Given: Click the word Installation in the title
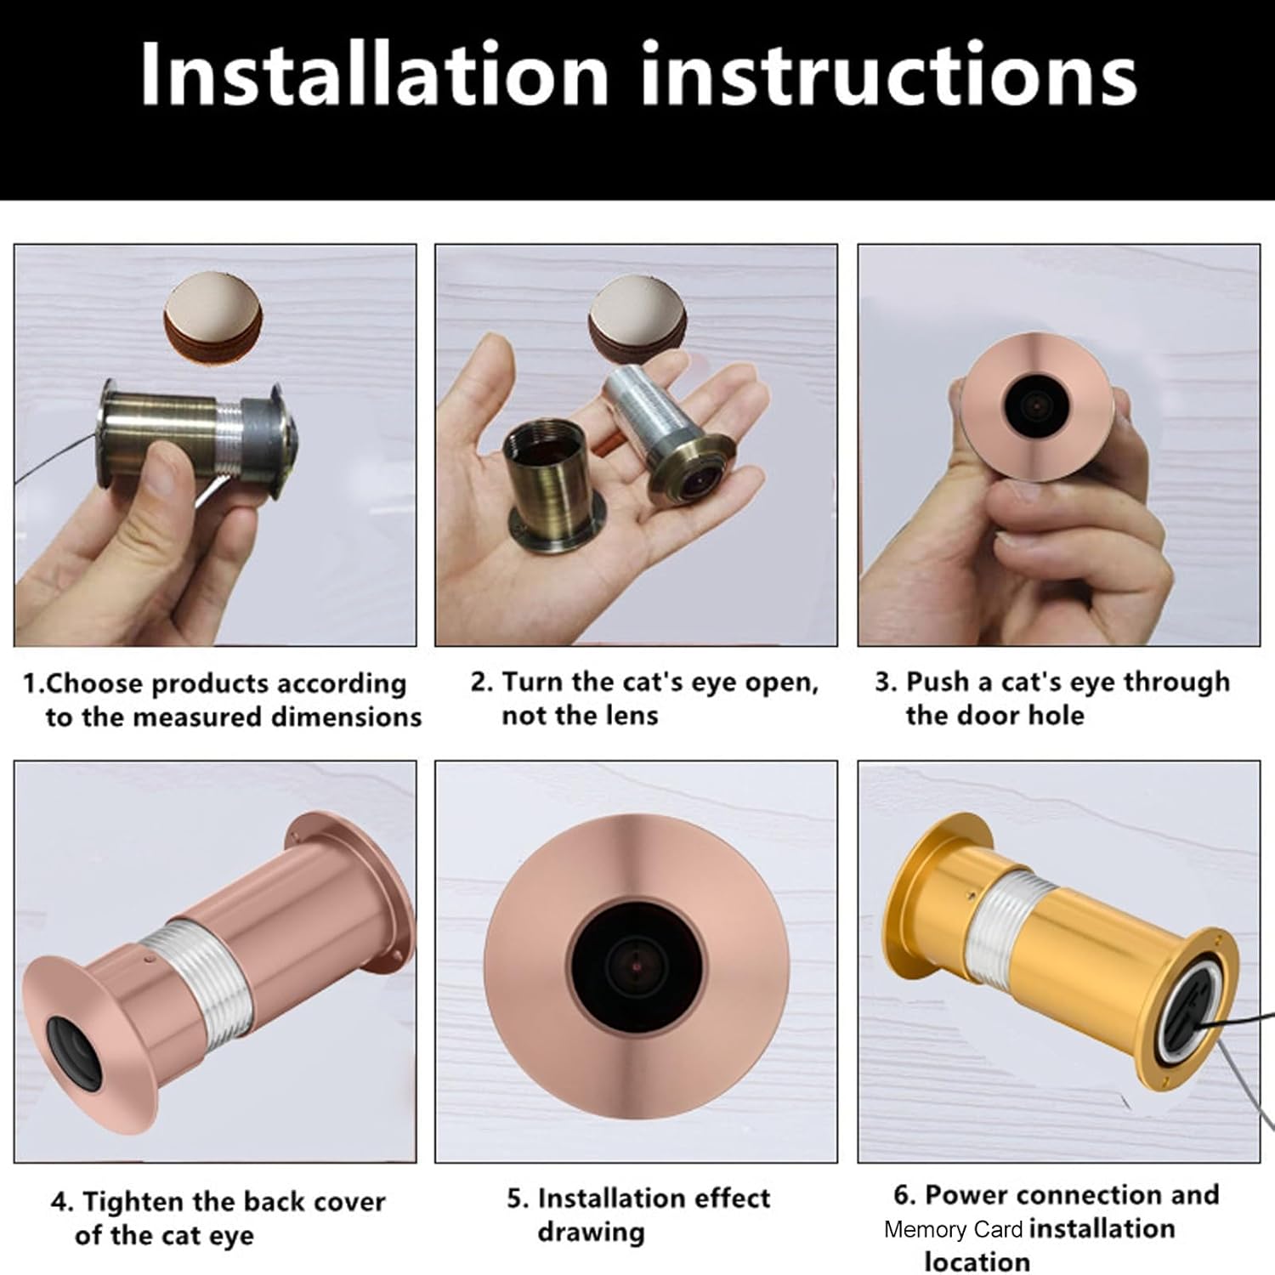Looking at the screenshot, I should (x=374, y=75).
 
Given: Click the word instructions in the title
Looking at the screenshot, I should (x=888, y=75).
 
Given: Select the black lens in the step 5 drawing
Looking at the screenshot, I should (x=637, y=962).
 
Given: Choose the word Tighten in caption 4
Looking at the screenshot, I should (x=133, y=1202).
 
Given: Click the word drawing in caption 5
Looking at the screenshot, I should (x=591, y=1232).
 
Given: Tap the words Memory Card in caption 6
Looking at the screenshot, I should (x=953, y=1230).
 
